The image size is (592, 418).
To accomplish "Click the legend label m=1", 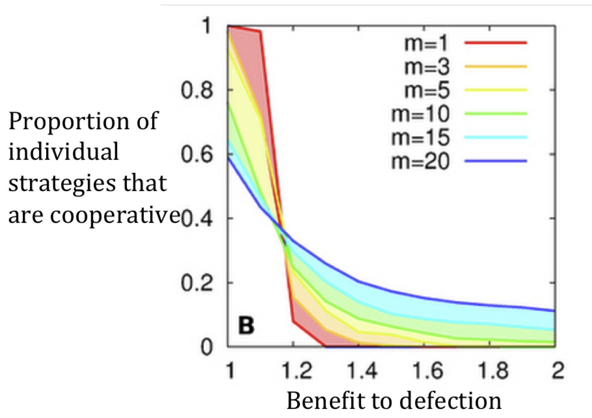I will click(x=426, y=43).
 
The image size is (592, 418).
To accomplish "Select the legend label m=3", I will click(x=427, y=67).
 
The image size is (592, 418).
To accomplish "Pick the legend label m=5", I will click(x=427, y=90).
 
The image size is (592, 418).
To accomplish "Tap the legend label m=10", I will click(x=420, y=114).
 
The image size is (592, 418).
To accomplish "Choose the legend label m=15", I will click(x=420, y=138).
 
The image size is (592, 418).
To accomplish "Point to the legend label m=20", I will click(x=420, y=161).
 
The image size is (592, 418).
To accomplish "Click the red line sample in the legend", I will click(x=496, y=43).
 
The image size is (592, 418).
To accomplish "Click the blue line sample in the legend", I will click(x=496, y=161).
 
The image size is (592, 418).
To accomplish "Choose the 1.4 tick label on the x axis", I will click(x=362, y=371).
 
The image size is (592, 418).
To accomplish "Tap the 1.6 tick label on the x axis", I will click(x=427, y=371).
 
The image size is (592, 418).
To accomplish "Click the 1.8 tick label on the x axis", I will click(x=493, y=371).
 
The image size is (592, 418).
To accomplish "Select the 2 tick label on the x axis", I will click(x=558, y=371).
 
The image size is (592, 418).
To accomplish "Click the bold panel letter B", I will click(x=246, y=326).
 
